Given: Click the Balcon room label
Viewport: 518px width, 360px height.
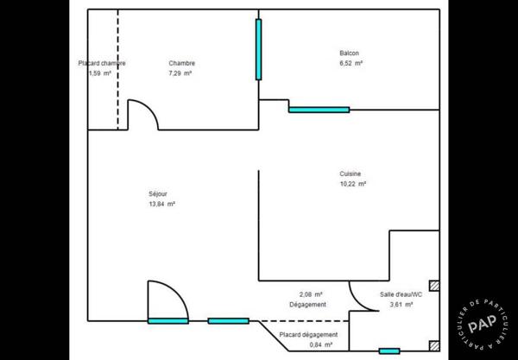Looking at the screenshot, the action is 349,53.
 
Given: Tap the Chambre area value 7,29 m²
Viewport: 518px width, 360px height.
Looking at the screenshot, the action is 180,73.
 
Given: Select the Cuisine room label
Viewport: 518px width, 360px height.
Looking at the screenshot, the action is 351,174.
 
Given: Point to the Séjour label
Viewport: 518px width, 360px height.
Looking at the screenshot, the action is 158,194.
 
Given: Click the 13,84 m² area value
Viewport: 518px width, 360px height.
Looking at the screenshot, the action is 162,204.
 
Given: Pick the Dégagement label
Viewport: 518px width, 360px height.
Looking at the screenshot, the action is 307,305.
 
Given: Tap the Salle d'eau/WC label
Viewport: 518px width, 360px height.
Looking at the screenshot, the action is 401,294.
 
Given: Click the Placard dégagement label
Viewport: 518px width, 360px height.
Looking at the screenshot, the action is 308,335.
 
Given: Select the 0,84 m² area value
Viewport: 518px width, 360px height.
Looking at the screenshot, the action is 321,344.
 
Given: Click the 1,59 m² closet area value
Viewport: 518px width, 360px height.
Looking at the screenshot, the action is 100,73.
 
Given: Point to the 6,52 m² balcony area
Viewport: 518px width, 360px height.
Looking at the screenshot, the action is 351,63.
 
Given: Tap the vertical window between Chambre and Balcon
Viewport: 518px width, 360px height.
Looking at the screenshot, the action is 258,49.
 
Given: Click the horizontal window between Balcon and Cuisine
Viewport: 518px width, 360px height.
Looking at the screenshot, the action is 319,110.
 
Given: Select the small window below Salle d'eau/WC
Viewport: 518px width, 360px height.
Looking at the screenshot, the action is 389,351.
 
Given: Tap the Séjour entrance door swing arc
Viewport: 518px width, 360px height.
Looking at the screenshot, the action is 177,292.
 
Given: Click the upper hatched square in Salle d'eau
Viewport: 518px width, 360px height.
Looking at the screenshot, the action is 434,286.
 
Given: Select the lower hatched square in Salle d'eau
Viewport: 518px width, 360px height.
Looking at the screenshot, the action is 434,346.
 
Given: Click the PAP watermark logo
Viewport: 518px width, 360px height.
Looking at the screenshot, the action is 483,325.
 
